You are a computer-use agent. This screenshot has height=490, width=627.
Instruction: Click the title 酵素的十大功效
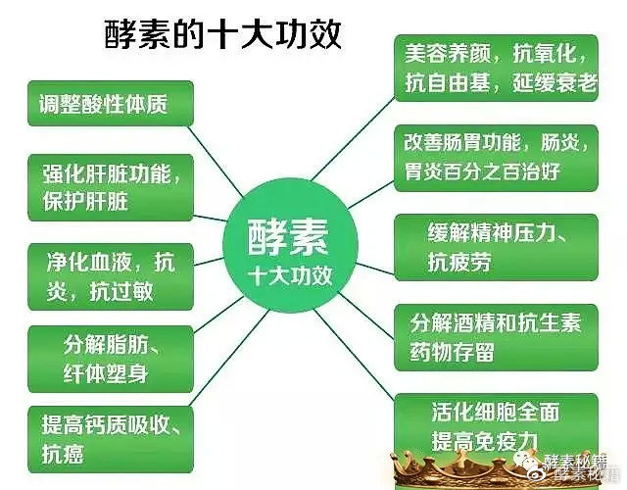point(222,37)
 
